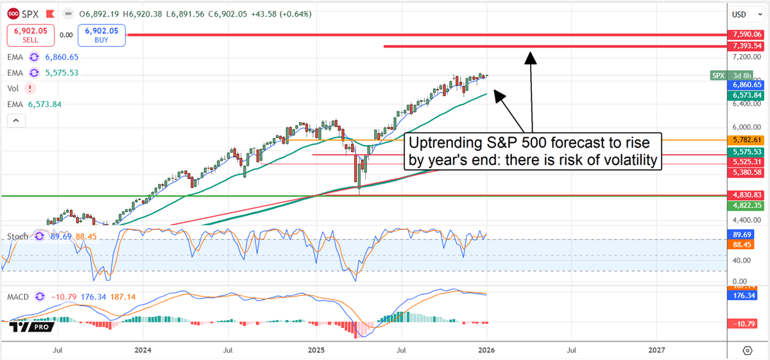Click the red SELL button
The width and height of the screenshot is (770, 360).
27,35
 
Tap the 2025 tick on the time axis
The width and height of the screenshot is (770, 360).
315,350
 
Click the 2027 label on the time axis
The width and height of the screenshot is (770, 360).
657,350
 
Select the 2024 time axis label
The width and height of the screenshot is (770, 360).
143,350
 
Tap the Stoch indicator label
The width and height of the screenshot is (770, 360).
18,236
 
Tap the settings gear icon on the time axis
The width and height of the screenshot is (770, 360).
747,350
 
